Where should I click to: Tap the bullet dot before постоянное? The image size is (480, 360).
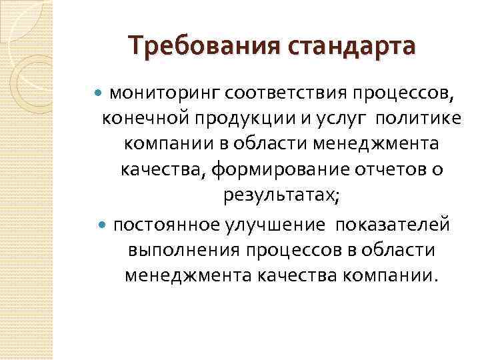(x=101, y=224)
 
